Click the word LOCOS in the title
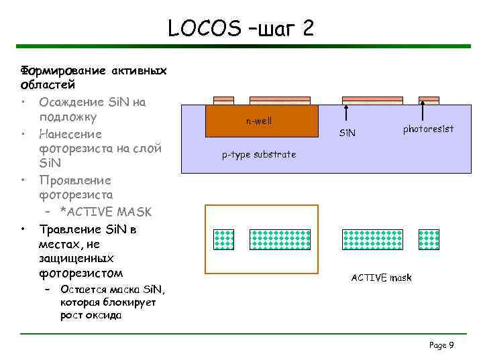click(x=204, y=28)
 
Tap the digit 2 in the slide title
click(x=305, y=28)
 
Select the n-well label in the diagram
click(x=259, y=122)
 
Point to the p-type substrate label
click(x=259, y=154)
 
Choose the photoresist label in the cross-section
click(x=428, y=128)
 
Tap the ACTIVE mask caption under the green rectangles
click(x=381, y=278)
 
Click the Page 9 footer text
click(x=441, y=345)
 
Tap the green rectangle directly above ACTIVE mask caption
click(x=369, y=239)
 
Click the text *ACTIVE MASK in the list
click(x=106, y=212)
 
